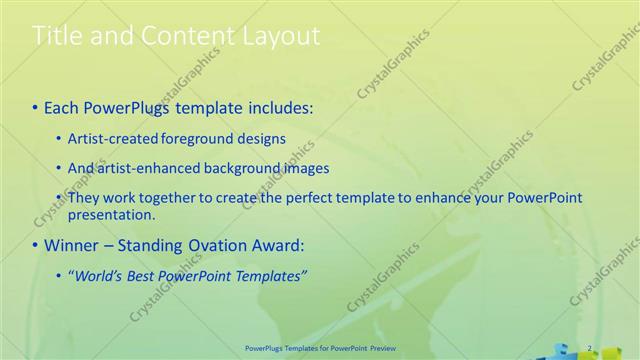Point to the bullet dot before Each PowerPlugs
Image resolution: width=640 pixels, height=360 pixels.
coord(36,106)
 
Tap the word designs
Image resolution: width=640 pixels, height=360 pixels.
coord(261,138)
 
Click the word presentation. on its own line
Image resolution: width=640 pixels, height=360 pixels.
coord(112,214)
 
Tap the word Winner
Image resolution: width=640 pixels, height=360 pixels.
coord(73,245)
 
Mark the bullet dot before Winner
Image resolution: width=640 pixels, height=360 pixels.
coord(36,245)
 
